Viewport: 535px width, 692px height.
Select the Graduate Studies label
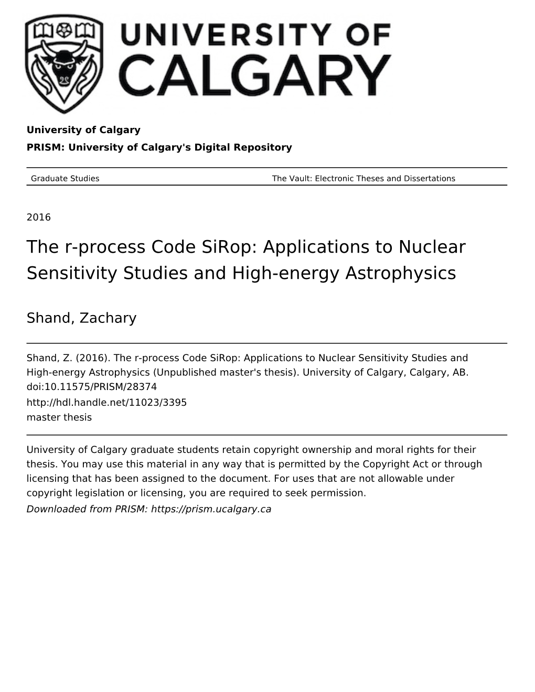point(65,178)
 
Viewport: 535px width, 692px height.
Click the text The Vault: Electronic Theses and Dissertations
point(363,178)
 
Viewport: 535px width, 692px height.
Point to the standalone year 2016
point(39,218)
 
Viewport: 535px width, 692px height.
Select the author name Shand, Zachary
point(81,318)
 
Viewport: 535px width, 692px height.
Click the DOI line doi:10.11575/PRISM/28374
point(92,387)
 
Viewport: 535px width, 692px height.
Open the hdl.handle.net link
point(106,402)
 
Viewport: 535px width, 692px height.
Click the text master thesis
point(59,417)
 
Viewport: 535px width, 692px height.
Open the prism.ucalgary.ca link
point(211,509)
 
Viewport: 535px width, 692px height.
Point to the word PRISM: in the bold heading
point(46,147)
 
